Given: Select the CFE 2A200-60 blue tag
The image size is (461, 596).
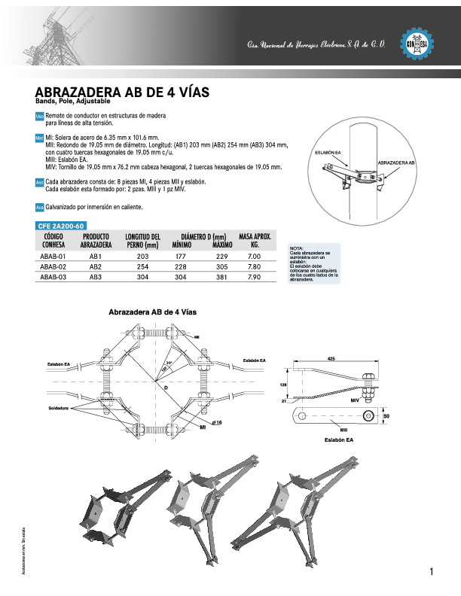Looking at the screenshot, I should tap(63, 226).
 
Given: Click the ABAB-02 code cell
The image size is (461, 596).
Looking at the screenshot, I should tap(53, 267).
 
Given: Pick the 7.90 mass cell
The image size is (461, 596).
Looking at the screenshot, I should tap(254, 278).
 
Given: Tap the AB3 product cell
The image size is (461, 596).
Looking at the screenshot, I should tap(96, 278).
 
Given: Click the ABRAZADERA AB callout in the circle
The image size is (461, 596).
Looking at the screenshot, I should tap(397, 163).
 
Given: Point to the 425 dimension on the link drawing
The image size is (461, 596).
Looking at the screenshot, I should tap(331, 358).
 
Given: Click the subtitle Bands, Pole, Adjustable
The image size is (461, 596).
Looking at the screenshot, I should tap(73, 101).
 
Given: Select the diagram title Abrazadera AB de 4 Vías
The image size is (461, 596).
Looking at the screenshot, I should tap(153, 312).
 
